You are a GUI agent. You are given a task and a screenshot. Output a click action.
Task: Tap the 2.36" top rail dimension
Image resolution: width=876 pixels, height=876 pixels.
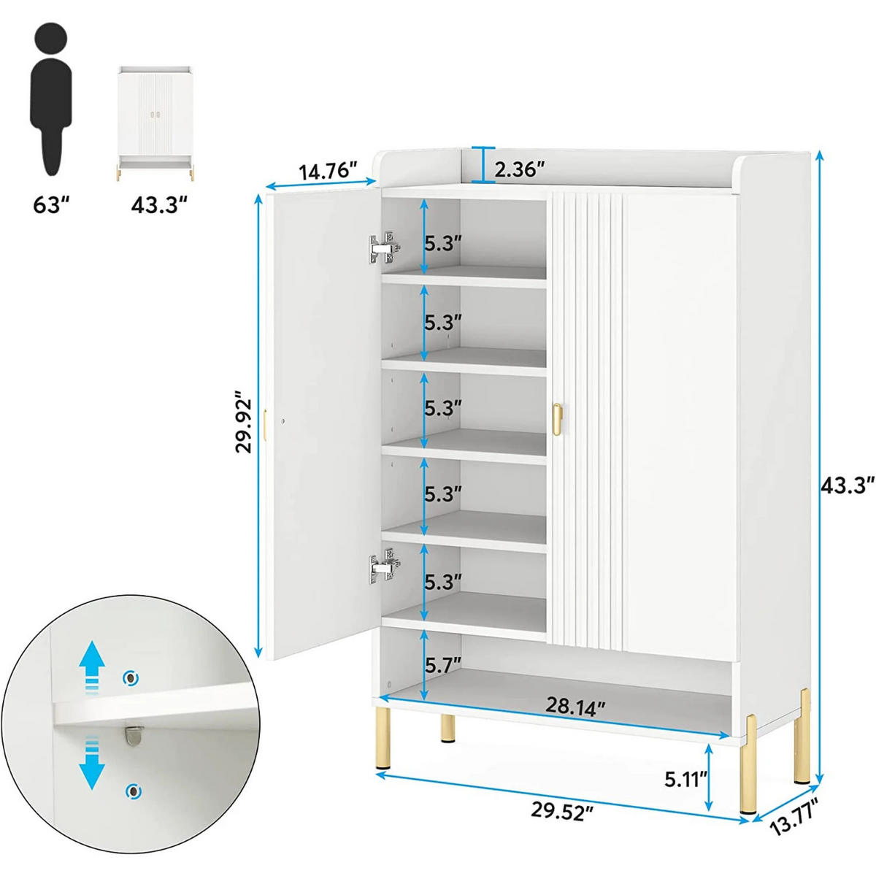520,169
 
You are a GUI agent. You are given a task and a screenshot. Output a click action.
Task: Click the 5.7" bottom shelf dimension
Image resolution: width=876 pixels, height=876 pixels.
443,666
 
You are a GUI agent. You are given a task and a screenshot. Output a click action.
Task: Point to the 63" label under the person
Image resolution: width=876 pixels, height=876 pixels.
50,205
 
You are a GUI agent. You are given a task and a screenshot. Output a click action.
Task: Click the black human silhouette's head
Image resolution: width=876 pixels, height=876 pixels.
50,39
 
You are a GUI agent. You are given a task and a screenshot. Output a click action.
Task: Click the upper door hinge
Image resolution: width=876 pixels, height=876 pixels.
385,247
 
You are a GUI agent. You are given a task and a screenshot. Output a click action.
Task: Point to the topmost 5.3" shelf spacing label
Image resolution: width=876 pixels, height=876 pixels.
443,244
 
